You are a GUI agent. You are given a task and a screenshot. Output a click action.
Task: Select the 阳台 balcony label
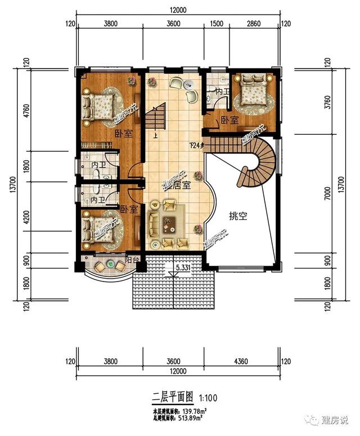click(132, 260)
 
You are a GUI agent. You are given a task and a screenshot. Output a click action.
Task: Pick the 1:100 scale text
click(207, 398)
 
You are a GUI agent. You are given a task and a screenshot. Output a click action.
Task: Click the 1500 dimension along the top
click(215, 24)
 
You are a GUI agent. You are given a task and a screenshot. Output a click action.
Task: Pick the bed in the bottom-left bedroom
click(98, 230)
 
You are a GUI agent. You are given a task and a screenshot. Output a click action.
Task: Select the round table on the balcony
click(111, 265)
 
